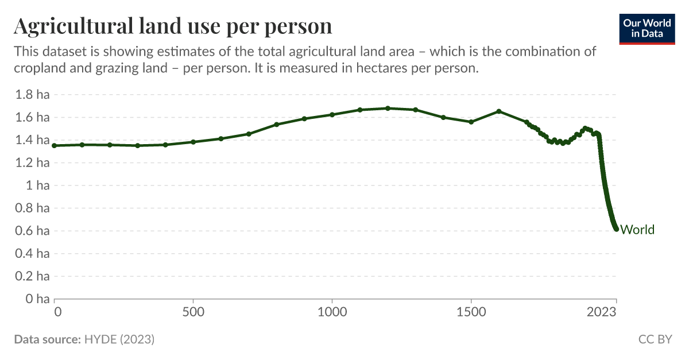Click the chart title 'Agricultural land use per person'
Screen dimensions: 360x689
pos(173,26)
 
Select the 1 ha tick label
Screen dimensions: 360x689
pos(36,185)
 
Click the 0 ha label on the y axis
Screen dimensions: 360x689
pos(36,299)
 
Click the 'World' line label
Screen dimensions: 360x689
pos(637,230)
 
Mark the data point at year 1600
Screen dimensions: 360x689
pos(499,111)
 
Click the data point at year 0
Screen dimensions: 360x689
pos(55,146)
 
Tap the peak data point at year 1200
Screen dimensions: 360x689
pos(388,108)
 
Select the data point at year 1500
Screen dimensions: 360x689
pos(471,122)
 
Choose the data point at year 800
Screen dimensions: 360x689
pos(277,125)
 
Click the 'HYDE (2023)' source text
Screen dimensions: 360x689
pos(119,339)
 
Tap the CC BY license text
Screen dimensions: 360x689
pos(655,339)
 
